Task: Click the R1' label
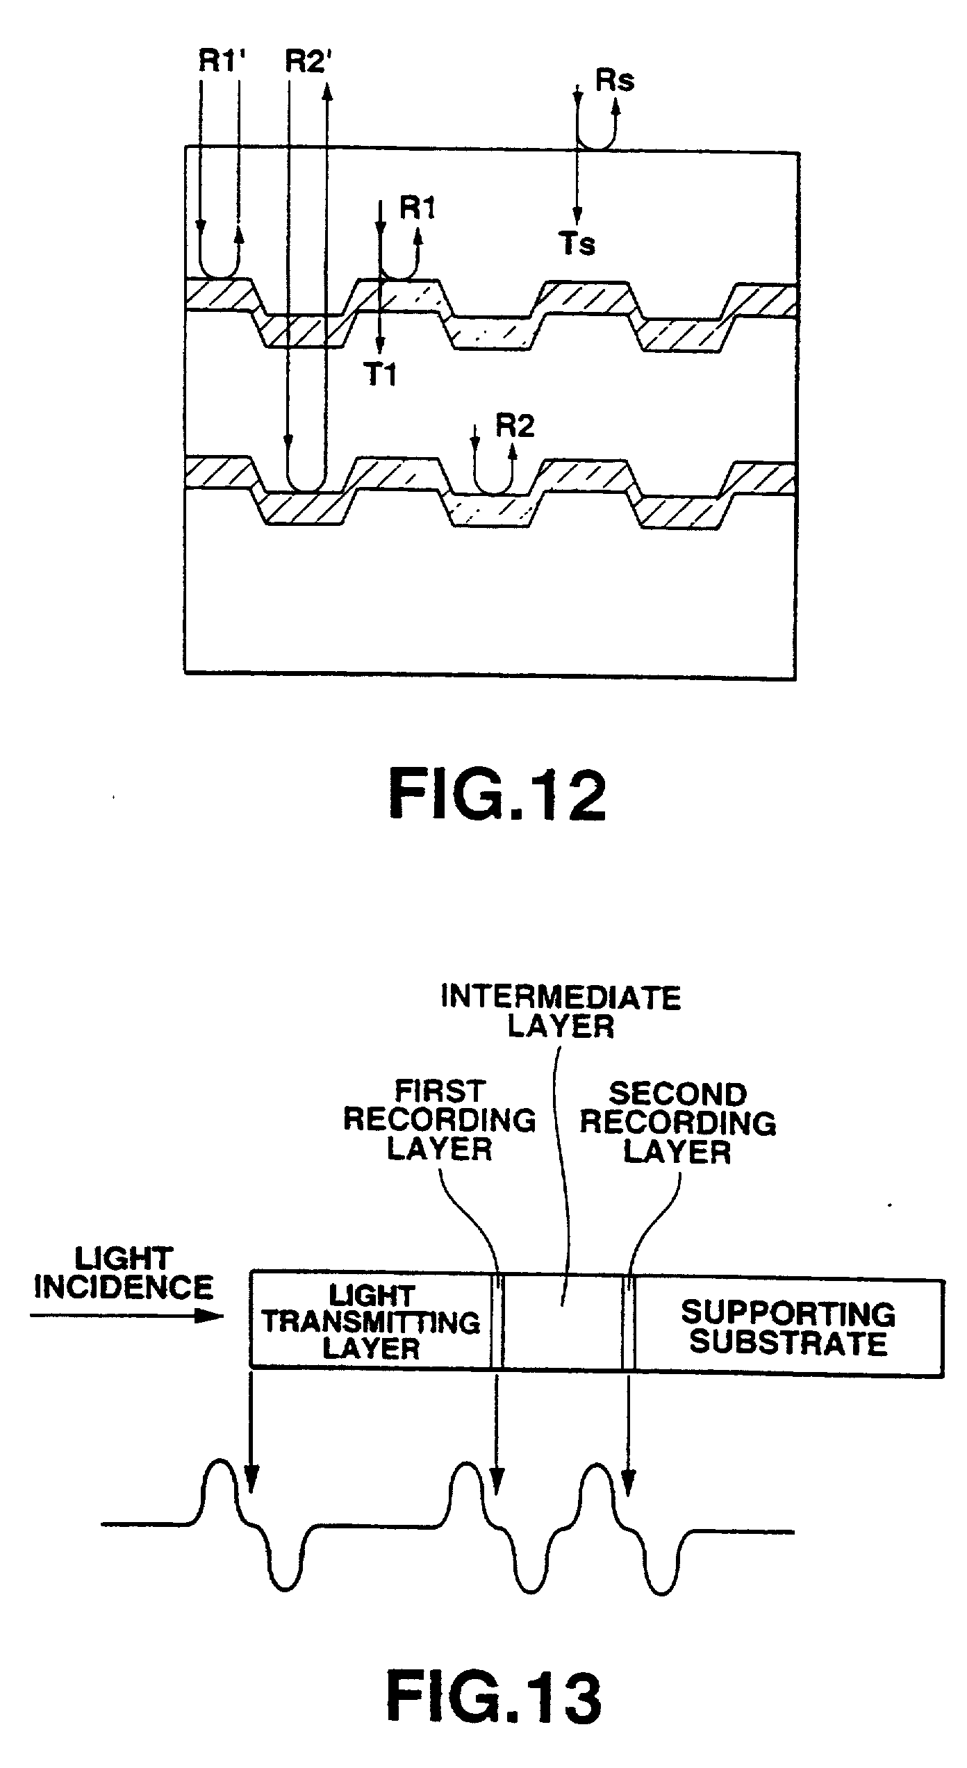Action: pyautogui.click(x=222, y=63)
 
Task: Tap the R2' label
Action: pyautogui.click(x=309, y=63)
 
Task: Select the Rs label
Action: pyautogui.click(x=615, y=81)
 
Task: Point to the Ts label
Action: pyautogui.click(x=577, y=245)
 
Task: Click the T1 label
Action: pyautogui.click(x=380, y=375)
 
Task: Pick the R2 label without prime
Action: pyautogui.click(x=515, y=426)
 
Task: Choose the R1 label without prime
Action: pyautogui.click(x=418, y=207)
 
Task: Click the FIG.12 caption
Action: pyautogui.click(x=497, y=797)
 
